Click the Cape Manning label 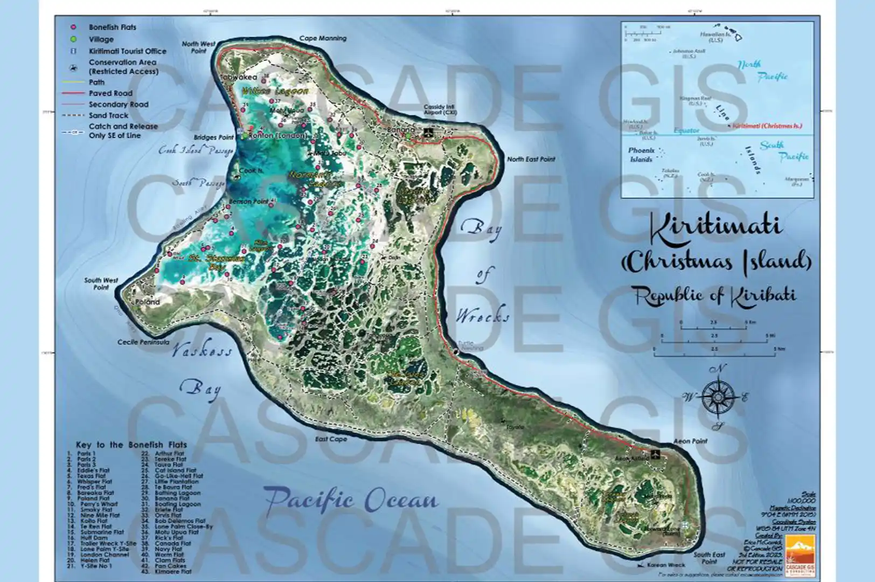[x=323, y=38]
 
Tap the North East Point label [x=531, y=159]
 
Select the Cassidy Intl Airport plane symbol [x=428, y=131]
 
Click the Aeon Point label [x=690, y=441]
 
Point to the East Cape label [x=331, y=439]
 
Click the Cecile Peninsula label [x=143, y=342]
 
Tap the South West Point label [x=101, y=283]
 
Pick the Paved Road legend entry [x=110, y=93]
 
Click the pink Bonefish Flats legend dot [x=74, y=27]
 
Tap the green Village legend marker [x=74, y=39]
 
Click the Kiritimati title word [x=715, y=225]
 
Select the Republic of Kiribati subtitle [x=714, y=295]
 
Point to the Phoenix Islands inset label [x=641, y=155]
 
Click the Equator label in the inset [x=686, y=130]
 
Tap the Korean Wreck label [x=666, y=565]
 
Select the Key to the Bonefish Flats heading [x=131, y=445]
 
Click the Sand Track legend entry [x=108, y=115]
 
